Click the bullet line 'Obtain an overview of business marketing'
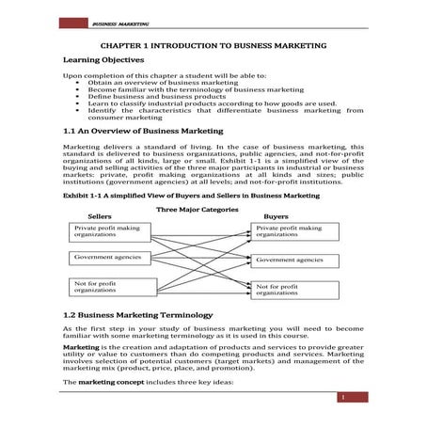coord(151,82)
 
